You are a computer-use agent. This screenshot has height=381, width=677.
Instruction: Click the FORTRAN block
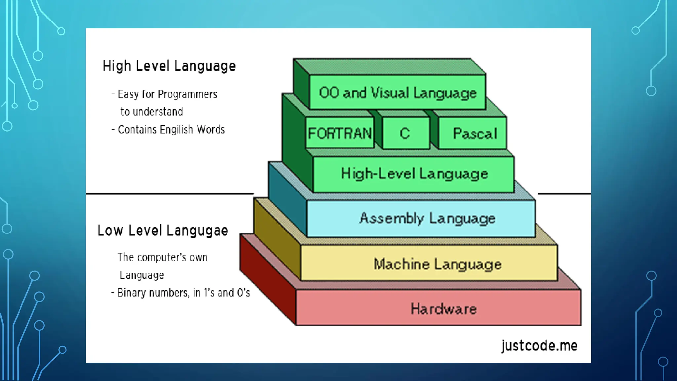[339, 133]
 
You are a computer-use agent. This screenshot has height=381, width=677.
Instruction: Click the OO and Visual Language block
[398, 93]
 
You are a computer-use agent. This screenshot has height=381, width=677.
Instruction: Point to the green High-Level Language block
[414, 174]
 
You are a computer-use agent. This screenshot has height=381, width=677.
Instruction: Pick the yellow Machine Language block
[437, 264]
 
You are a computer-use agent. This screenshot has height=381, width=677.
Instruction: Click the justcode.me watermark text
[539, 346]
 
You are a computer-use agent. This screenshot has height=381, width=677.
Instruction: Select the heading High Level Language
[169, 66]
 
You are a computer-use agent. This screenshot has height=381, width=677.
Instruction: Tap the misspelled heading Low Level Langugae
[163, 231]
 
